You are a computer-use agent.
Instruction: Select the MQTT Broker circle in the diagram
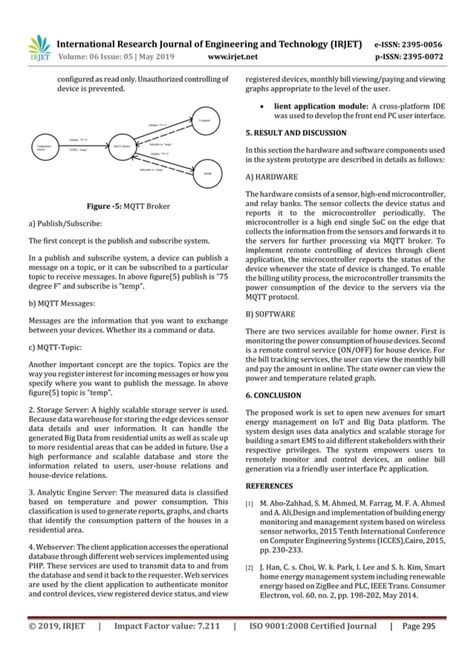123,146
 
